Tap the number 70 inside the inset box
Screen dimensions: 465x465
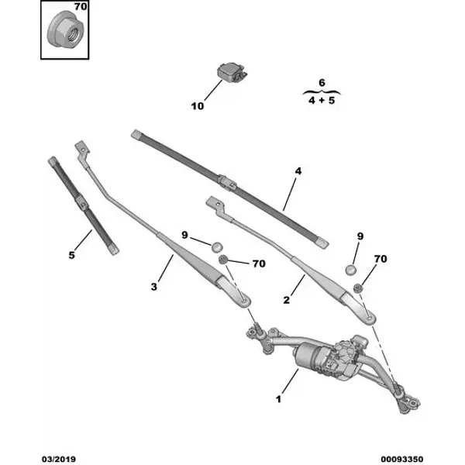coord(80,6)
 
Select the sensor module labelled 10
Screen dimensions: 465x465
coord(232,72)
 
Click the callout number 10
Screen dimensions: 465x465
coord(197,106)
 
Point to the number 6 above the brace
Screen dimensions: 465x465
coord(322,82)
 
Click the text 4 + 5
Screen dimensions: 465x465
coord(322,100)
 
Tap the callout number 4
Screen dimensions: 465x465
coord(298,171)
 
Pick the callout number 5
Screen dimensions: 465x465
coord(71,255)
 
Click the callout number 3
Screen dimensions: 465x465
coord(153,287)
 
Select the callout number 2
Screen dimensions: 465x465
coord(286,300)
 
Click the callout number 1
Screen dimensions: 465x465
coord(278,399)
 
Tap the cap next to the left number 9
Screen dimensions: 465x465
coord(217,246)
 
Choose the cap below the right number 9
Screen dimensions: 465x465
coord(351,270)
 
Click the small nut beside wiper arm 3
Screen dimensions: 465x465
coord(222,260)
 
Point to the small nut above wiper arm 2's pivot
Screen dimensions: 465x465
coord(358,288)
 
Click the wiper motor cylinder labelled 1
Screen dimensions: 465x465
coord(307,356)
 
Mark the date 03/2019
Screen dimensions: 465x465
coord(59,459)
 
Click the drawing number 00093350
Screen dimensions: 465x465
coord(401,459)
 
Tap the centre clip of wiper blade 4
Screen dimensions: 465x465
coord(227,184)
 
